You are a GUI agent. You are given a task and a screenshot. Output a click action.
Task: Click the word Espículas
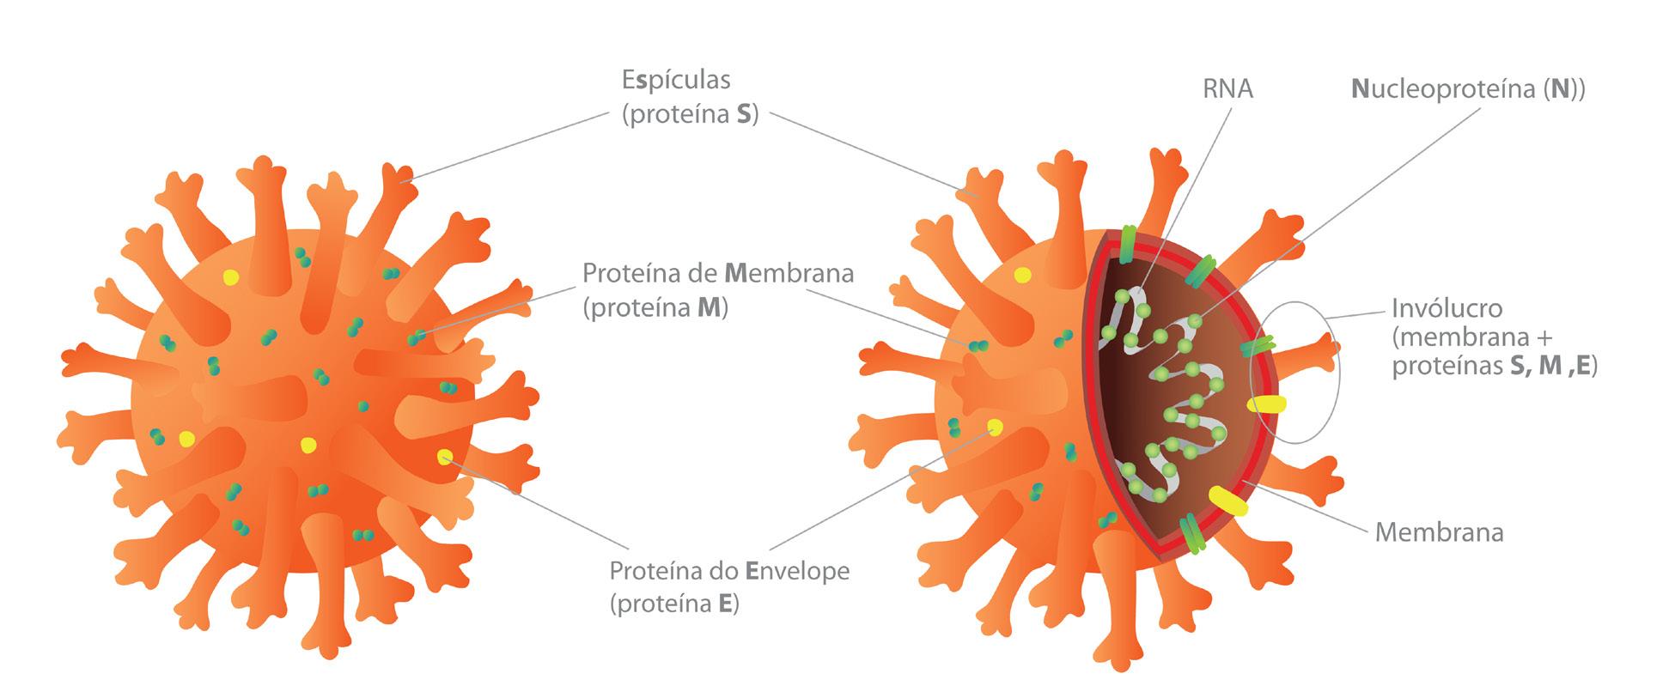[675, 80]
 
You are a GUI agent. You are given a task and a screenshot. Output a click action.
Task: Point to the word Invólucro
[1447, 308]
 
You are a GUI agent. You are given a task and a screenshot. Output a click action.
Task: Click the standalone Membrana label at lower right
[1439, 533]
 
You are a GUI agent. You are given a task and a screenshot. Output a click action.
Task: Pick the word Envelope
[797, 571]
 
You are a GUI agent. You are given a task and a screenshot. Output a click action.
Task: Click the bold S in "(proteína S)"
[744, 116]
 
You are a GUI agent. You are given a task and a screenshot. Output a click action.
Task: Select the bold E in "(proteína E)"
[725, 604]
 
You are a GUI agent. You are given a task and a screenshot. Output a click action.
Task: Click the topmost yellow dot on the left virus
[230, 276]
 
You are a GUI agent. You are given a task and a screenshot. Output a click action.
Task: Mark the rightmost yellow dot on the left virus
[444, 456]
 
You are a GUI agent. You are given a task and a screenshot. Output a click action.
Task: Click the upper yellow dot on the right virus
[1022, 275]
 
